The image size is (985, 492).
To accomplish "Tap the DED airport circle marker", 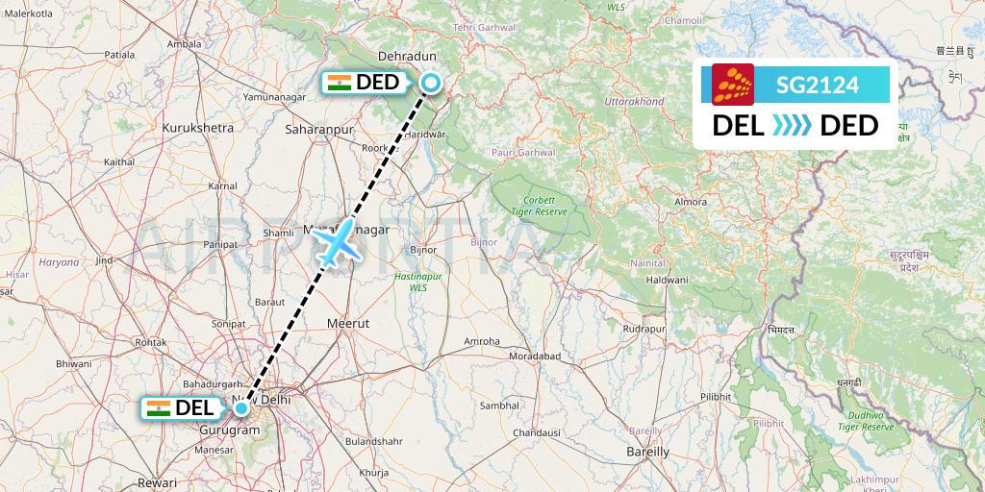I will point(431,84).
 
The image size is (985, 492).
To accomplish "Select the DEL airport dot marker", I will point(241,408).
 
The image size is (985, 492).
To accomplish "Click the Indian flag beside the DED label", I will point(339,83).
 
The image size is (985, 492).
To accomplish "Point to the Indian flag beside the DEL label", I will point(158,407).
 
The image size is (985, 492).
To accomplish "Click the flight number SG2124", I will point(818,86).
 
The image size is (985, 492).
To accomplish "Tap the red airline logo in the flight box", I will point(732,84).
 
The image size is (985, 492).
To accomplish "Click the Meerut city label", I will point(348,324).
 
